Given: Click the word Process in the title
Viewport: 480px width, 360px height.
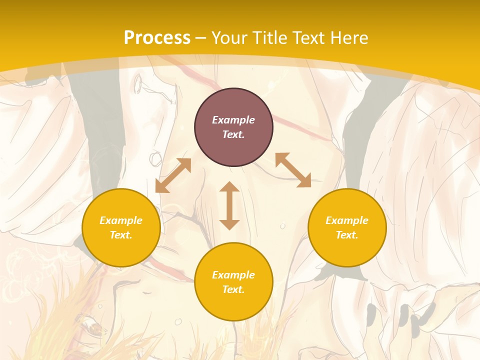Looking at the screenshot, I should tap(157, 38).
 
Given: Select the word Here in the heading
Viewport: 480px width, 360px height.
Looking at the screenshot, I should tap(348, 38).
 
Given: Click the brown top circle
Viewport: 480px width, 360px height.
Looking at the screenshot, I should tap(233, 127).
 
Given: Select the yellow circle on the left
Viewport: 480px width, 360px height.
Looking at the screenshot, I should tap(121, 228).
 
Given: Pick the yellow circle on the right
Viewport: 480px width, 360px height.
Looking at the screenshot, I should tap(347, 228).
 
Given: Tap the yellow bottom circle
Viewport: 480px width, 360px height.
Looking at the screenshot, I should tap(233, 282).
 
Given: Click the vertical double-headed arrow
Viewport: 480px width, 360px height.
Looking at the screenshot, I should tap(229, 205).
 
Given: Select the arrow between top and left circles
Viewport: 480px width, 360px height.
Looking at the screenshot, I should tap(173, 175).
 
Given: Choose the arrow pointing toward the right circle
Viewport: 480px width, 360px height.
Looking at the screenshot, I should tap(293, 170).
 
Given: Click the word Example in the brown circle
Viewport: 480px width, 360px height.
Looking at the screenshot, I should tap(233, 120).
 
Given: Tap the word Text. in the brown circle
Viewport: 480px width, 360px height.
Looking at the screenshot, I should tap(233, 134).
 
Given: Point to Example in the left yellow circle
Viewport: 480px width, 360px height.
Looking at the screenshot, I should tap(121, 220).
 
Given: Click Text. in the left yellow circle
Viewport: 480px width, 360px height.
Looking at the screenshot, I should tap(121, 235).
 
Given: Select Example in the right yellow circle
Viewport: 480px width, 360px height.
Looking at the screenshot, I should tap(347, 220).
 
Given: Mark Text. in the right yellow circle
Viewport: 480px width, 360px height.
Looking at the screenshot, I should tap(347, 235).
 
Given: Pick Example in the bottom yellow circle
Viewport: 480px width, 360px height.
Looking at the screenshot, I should tap(233, 275).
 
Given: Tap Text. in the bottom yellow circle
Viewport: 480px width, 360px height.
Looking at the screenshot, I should tap(233, 289).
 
